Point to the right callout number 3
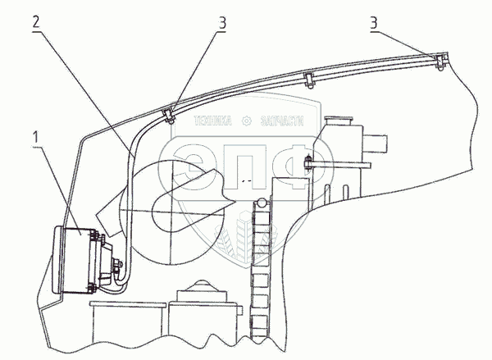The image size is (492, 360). (x=374, y=24)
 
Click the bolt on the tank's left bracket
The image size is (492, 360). (x=309, y=161)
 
